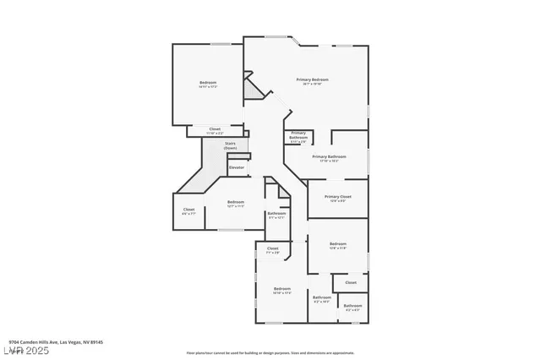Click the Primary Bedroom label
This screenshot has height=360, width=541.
(312, 79)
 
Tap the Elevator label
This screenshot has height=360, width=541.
(238, 167)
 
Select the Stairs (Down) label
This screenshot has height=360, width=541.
(230, 145)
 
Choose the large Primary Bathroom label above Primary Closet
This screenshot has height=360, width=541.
(329, 156)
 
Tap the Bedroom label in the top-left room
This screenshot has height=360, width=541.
(208, 82)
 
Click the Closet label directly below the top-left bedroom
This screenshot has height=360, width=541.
(215, 129)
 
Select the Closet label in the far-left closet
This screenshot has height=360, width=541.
(189, 210)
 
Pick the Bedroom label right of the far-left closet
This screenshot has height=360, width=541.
(236, 202)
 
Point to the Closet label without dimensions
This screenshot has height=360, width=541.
(350, 282)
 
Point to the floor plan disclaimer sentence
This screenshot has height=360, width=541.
(270, 352)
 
